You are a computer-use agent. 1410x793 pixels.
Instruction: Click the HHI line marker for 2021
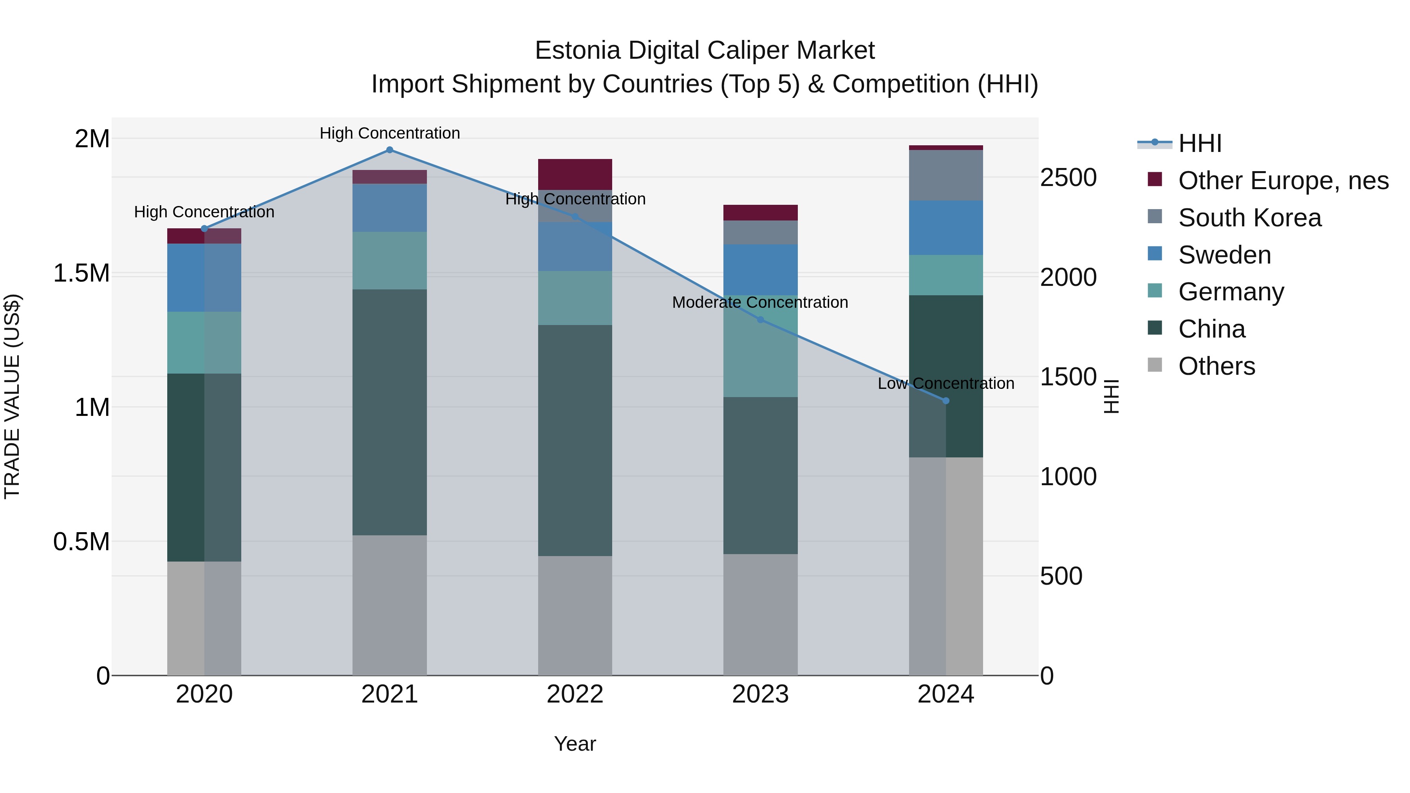[x=389, y=150]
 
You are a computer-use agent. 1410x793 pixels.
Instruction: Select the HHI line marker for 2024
[x=945, y=401]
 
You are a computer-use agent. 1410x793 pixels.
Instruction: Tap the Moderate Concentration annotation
[x=760, y=303]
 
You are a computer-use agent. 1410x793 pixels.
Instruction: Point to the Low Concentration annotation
[x=945, y=384]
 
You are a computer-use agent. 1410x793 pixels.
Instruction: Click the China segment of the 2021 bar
[x=389, y=412]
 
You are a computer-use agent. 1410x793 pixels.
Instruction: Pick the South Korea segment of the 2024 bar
[x=945, y=175]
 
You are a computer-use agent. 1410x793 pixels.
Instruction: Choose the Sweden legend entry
[x=1224, y=255]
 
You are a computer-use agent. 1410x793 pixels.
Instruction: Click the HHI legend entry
[x=1199, y=143]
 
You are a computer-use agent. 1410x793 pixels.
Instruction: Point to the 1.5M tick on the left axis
[x=81, y=273]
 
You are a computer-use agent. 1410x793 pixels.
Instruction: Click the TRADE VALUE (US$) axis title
[x=12, y=396]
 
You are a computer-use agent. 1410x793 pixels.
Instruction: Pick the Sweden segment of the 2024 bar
[x=945, y=228]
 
